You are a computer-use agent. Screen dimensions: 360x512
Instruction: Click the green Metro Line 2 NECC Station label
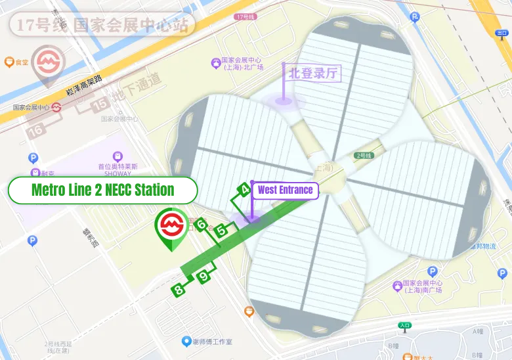[102, 191]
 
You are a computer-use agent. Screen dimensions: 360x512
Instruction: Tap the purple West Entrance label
[285, 191]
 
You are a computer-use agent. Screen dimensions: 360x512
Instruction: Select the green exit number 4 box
[244, 191]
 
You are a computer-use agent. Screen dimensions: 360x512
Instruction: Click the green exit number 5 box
[222, 230]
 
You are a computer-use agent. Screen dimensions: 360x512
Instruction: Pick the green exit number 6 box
[202, 225]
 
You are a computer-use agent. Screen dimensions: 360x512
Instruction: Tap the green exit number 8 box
[178, 289]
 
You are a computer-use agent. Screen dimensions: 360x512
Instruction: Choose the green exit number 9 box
[204, 277]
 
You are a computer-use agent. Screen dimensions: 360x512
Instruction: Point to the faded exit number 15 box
[100, 103]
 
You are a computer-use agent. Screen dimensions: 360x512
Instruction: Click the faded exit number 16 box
[36, 130]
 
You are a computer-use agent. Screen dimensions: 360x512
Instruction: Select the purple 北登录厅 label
[313, 73]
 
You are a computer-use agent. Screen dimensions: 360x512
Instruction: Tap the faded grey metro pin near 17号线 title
[47, 62]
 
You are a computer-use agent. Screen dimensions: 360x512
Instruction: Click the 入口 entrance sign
[405, 325]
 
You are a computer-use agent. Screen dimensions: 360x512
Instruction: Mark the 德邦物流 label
[483, 246]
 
